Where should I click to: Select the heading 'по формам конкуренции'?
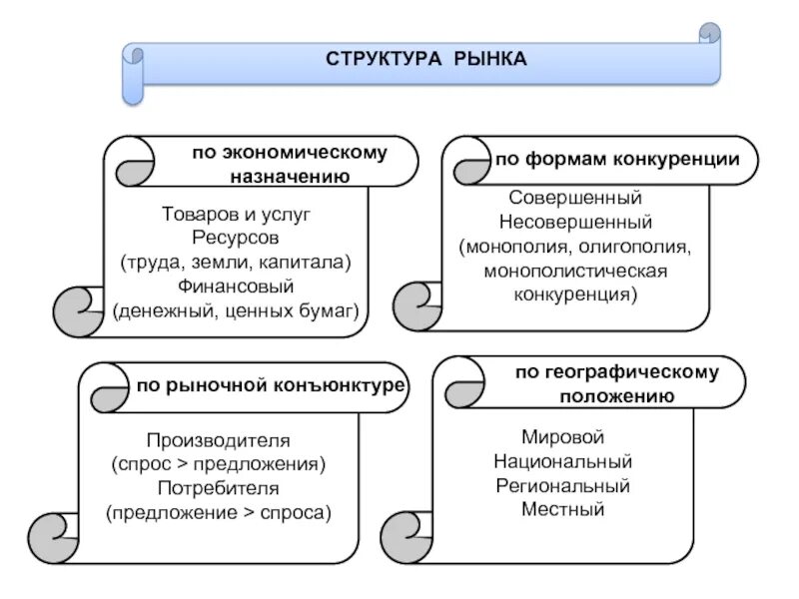(x=617, y=159)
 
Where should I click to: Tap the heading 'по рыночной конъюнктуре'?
(x=271, y=385)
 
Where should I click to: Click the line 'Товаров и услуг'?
(x=237, y=215)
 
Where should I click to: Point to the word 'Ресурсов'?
(x=237, y=239)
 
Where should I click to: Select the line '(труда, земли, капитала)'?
(x=236, y=263)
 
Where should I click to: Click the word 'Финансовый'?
(x=237, y=287)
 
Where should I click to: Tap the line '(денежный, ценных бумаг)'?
(x=236, y=310)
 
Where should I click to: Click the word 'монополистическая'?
(x=575, y=272)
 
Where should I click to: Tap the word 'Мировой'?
(x=563, y=438)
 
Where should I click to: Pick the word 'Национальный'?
(x=563, y=462)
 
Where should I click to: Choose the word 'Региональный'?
(x=563, y=486)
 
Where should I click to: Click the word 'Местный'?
(x=563, y=510)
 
